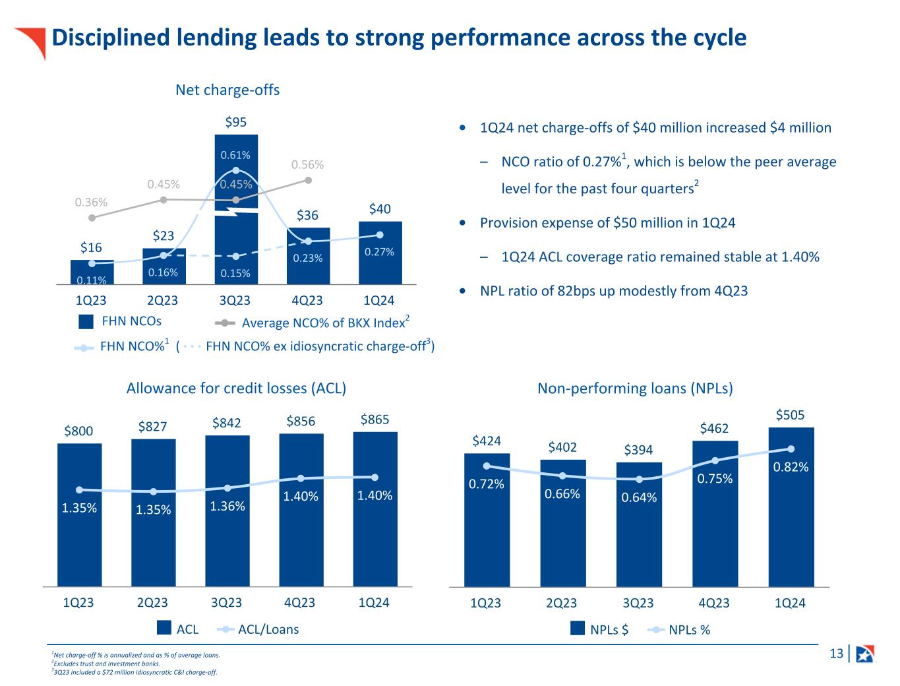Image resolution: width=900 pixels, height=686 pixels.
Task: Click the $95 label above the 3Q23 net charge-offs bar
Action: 235,122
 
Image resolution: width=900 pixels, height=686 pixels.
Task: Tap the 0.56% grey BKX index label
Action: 307,165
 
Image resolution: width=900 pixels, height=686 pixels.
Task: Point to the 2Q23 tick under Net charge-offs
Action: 162,301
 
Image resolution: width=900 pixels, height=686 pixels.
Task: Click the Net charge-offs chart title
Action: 227,90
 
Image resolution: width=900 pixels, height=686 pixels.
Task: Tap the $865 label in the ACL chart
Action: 375,420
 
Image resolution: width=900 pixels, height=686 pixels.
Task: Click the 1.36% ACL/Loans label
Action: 227,506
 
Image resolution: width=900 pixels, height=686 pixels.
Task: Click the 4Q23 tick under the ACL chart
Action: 300,603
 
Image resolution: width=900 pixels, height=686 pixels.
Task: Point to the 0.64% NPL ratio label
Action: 639,497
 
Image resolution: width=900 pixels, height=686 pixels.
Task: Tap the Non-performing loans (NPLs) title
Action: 635,389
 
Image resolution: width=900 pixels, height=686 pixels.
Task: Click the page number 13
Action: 836,654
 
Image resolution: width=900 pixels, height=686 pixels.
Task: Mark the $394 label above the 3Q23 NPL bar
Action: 638,450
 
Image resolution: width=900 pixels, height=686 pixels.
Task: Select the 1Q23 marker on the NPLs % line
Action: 487,466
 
